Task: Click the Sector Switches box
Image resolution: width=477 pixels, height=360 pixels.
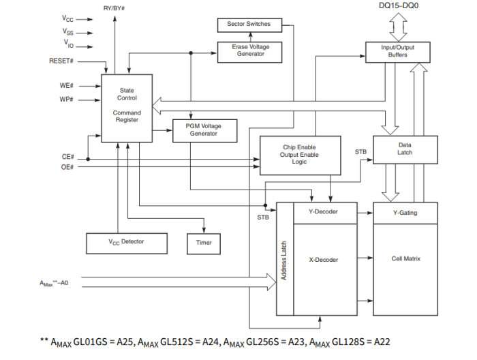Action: click(x=249, y=25)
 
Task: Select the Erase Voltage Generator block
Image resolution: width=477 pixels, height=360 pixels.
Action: click(x=250, y=51)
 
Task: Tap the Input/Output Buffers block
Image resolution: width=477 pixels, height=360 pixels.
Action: click(x=398, y=51)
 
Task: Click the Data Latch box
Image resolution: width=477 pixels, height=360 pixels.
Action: click(x=405, y=149)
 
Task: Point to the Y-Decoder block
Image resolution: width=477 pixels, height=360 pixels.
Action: click(x=323, y=212)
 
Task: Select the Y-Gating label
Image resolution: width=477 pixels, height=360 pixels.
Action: click(x=405, y=213)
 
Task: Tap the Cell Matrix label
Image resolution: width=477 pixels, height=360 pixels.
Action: click(x=405, y=259)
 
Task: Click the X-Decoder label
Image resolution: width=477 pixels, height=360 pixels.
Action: click(x=323, y=259)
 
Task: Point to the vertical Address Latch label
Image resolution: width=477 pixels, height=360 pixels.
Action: click(x=284, y=259)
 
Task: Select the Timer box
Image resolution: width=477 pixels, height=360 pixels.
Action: click(x=204, y=242)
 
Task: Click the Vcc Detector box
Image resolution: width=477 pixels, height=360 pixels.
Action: click(x=126, y=241)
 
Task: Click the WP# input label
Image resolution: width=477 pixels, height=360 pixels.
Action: click(x=67, y=100)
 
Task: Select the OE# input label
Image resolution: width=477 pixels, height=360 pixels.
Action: click(x=67, y=166)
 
